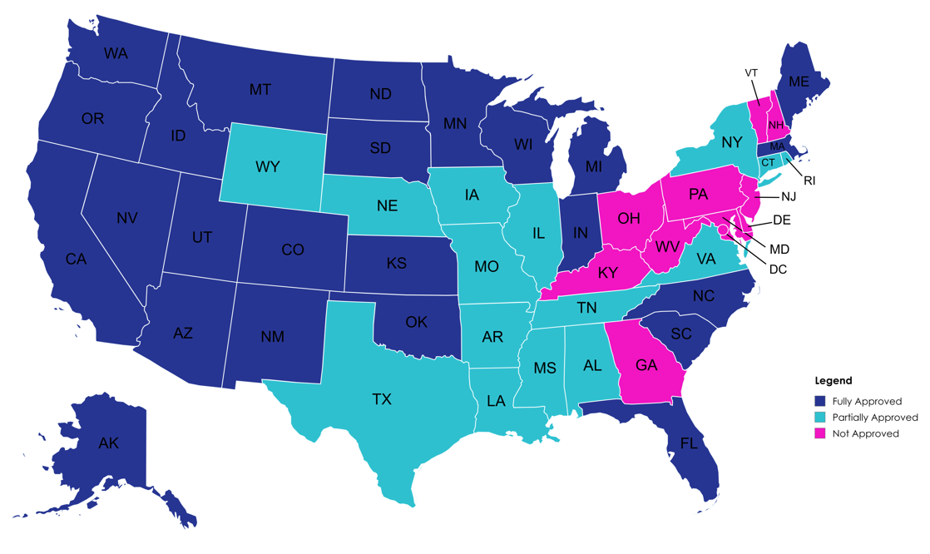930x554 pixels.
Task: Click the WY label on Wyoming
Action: [267, 167]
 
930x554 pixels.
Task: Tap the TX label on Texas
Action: [381, 399]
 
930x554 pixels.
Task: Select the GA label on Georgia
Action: [646, 365]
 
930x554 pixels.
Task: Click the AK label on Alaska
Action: [108, 443]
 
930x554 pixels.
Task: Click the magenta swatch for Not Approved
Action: [819, 433]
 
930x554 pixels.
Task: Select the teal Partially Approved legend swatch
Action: [819, 418]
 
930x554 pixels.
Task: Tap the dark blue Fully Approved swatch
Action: [819, 401]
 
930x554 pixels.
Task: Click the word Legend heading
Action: [833, 381]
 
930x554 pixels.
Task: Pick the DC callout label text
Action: [778, 270]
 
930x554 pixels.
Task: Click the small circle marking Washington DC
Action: [723, 230]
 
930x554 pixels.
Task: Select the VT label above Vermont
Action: [751, 73]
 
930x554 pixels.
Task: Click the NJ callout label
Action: [789, 197]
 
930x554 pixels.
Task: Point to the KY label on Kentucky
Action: [608, 273]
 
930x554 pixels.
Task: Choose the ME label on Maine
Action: [799, 82]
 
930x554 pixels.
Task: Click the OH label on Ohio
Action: [629, 219]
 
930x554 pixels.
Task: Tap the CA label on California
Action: [76, 260]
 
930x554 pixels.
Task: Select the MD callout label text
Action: [779, 249]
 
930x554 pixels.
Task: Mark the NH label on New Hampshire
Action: [775, 126]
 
